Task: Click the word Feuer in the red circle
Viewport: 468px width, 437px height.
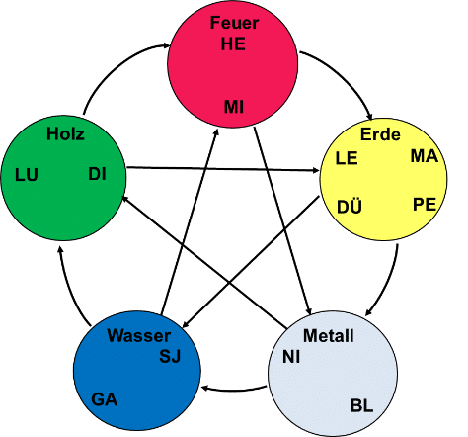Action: point(234,23)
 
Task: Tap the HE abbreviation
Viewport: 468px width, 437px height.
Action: point(233,44)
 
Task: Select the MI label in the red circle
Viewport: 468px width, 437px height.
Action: point(234,107)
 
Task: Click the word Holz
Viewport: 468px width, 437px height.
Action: point(65,134)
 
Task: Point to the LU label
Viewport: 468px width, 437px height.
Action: point(27,175)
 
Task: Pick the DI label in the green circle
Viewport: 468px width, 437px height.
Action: point(98,174)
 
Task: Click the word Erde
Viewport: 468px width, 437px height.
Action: point(380,134)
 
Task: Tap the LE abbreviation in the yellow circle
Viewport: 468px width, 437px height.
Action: point(347,158)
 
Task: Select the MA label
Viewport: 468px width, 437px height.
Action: point(425,156)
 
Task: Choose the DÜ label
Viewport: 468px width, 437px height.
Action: point(350,206)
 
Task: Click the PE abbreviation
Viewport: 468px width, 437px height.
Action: point(425,205)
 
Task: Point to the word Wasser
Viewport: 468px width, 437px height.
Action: point(139,336)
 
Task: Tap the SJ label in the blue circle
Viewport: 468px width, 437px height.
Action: point(170,356)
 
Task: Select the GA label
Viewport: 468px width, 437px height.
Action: point(105,399)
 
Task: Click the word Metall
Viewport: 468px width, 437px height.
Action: point(329,336)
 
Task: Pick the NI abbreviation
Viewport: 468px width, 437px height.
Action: point(291,357)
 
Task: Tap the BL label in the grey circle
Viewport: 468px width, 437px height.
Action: point(362,405)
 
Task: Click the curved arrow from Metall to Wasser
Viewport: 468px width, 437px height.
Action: point(234,391)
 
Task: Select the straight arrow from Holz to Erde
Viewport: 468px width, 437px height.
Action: point(223,169)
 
